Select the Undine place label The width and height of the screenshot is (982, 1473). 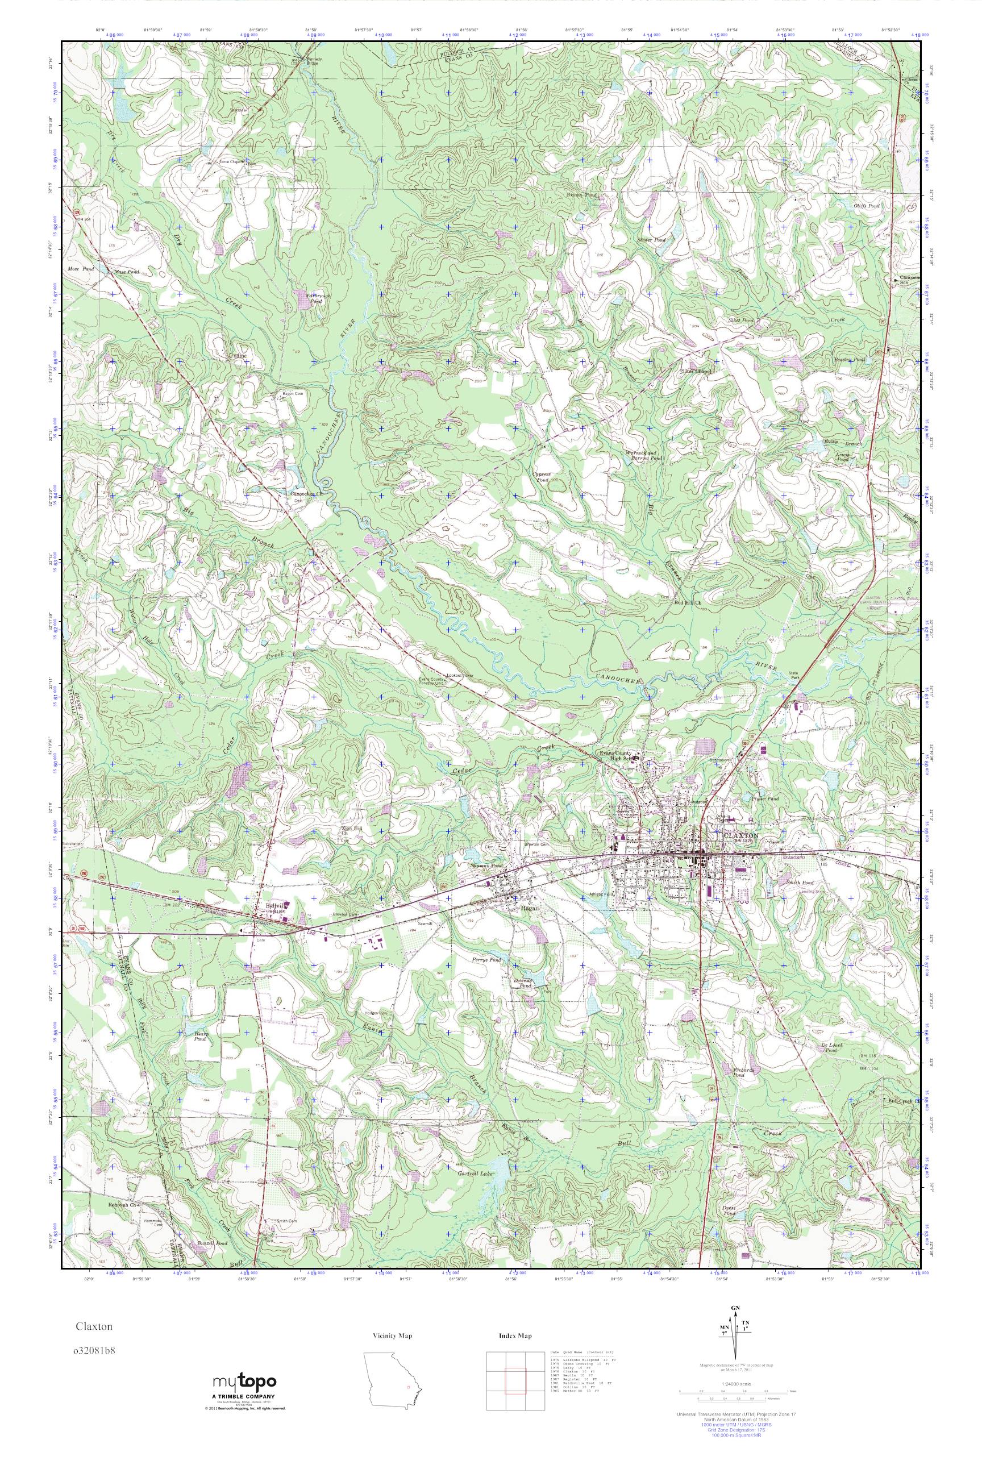(236, 355)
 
